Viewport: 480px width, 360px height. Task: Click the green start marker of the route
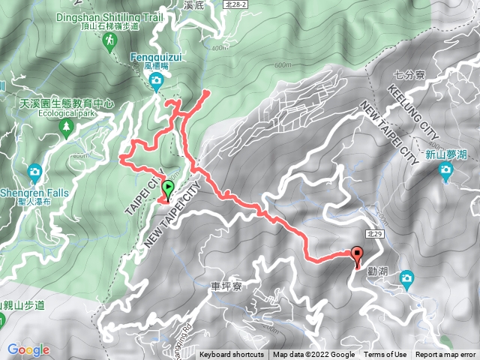[x=166, y=189]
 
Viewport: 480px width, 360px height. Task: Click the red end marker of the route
[x=357, y=255]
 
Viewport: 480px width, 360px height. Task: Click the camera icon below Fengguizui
[x=156, y=81]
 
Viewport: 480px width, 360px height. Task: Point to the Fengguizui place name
[x=155, y=55]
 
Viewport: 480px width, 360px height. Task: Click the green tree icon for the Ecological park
[x=66, y=130]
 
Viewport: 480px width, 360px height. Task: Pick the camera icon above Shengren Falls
[x=34, y=173]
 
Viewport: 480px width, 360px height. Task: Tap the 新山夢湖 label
[x=446, y=154]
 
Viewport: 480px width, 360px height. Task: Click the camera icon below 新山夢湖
[x=446, y=172]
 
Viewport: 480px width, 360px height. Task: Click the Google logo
[x=28, y=349]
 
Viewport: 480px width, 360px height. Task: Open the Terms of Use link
[x=385, y=355]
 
